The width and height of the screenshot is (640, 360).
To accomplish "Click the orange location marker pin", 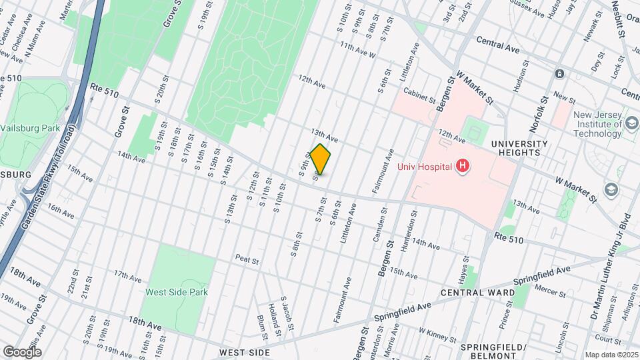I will click(x=320, y=159).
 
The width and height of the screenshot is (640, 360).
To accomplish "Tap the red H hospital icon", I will click(x=462, y=166).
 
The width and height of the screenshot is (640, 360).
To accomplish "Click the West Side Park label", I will click(x=177, y=292).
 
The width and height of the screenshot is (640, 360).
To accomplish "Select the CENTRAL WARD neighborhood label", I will click(x=486, y=293).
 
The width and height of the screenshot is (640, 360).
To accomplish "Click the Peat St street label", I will click(x=246, y=259).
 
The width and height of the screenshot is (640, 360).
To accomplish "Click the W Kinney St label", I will click(x=437, y=331).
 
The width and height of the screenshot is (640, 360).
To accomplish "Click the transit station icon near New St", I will click(x=559, y=73).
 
